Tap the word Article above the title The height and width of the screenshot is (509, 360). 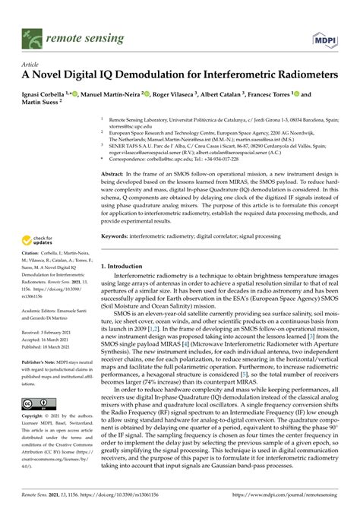[x=31, y=65]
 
